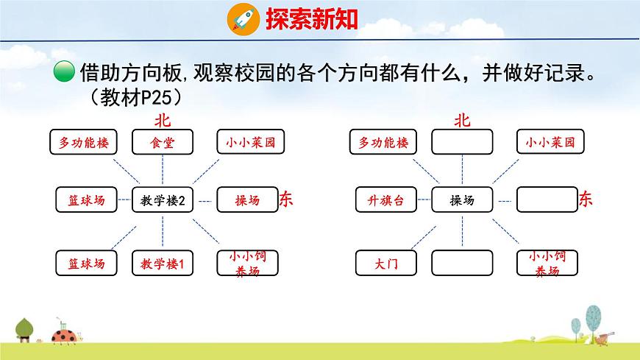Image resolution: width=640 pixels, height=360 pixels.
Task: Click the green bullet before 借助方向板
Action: tap(65, 73)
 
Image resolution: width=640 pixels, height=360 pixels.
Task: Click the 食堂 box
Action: tap(163, 143)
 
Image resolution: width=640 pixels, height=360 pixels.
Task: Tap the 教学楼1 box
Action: tap(163, 263)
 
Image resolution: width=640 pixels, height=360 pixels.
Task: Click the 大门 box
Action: tap(386, 263)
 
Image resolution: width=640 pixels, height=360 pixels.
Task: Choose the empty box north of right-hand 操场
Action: tap(462, 143)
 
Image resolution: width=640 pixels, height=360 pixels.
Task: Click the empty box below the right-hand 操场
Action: tap(462, 263)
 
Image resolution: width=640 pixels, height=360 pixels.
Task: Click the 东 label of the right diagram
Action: tap(586, 199)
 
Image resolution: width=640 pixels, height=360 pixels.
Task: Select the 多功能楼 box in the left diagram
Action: tap(83, 143)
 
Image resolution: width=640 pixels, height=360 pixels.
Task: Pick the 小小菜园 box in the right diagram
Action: tap(547, 143)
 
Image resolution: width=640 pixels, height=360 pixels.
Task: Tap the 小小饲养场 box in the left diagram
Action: tap(247, 263)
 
